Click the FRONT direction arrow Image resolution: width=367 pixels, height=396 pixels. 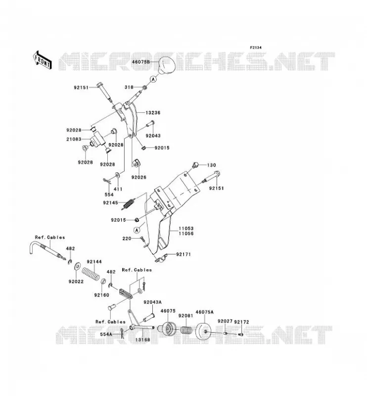pos(42,59)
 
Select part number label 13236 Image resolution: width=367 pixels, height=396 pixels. pos(153,113)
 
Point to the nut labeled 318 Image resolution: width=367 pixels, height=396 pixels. pos(145,88)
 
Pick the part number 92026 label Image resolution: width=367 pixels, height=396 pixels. pos(139,177)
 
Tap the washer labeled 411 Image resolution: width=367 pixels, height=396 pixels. pos(118,175)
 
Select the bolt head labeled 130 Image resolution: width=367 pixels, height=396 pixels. pos(195,165)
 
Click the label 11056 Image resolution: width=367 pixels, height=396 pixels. pos(186,234)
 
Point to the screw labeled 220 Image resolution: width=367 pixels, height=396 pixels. pos(141,239)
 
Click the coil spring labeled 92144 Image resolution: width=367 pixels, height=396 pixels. pos(91,274)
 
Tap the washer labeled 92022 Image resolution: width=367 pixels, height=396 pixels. pos(77,266)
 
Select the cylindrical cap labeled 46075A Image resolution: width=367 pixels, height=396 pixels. pos(204,330)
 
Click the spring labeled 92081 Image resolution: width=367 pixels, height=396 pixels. pos(186,330)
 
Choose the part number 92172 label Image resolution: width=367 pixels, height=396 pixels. pos(241,322)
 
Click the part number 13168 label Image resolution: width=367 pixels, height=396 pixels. pos(142,340)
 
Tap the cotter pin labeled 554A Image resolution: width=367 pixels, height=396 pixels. pos(123,334)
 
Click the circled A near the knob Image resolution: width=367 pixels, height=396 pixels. pos(153,79)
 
